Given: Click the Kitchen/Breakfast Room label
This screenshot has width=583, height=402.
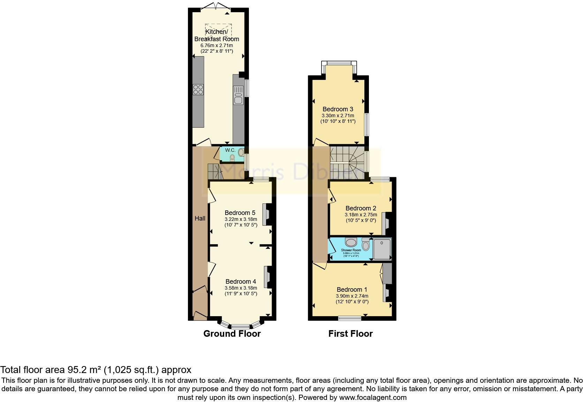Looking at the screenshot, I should [x=217, y=35].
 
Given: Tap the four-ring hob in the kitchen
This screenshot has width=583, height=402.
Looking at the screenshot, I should [x=198, y=89].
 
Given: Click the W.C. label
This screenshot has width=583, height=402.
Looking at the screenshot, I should [x=230, y=150].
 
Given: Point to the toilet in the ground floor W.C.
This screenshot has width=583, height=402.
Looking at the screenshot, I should [x=233, y=158].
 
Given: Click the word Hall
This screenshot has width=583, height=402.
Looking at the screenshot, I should [x=200, y=218].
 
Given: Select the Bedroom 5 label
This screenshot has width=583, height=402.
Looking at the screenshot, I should [x=240, y=213].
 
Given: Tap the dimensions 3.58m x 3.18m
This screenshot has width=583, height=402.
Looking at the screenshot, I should [x=241, y=288].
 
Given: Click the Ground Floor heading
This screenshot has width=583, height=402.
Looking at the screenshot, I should [x=232, y=334].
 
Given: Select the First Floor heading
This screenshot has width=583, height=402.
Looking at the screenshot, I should [x=350, y=334].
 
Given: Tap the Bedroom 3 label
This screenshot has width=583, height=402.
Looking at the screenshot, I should [x=338, y=109].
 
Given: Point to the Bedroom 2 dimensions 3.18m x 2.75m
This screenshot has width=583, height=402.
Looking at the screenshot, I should [x=361, y=215].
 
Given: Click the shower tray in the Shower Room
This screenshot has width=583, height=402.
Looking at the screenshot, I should [x=382, y=249].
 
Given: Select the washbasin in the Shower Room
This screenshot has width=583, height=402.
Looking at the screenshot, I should [x=350, y=242].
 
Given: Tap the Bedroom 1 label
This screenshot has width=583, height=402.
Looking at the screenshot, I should [x=351, y=289].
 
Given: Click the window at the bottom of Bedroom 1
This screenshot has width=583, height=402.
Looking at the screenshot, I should [x=350, y=318].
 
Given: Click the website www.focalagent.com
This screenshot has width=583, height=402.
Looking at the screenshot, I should [x=373, y=397].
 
